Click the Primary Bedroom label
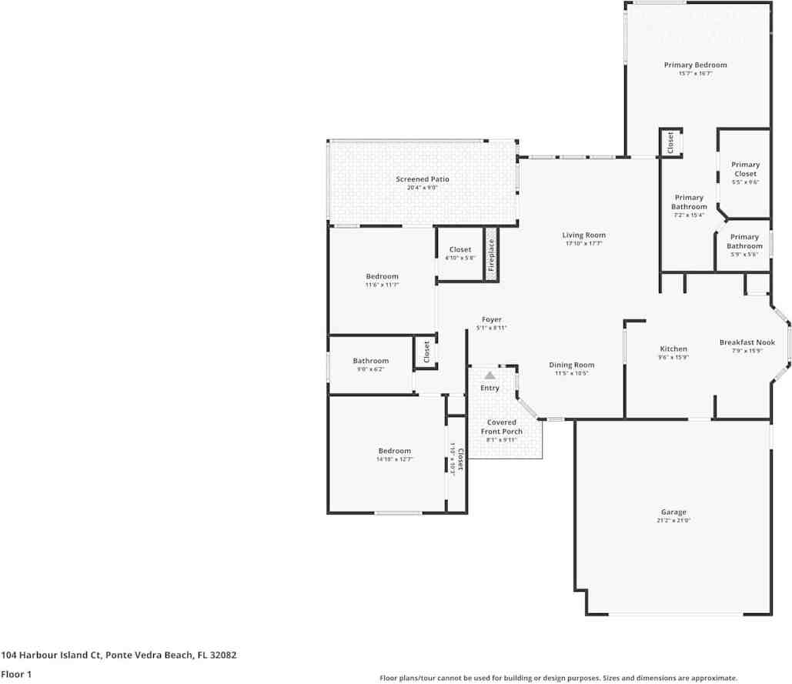695,65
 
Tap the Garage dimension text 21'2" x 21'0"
673,521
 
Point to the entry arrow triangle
490,375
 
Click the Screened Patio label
423,179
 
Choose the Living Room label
583,235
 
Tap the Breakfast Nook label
747,342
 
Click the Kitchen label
673,349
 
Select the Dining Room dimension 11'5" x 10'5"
572,374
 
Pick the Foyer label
491,319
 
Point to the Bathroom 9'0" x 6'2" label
371,361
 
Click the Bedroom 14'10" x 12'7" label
394,451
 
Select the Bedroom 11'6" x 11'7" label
382,276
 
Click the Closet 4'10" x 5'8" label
460,249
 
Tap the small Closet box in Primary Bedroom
670,142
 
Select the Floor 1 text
16,674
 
